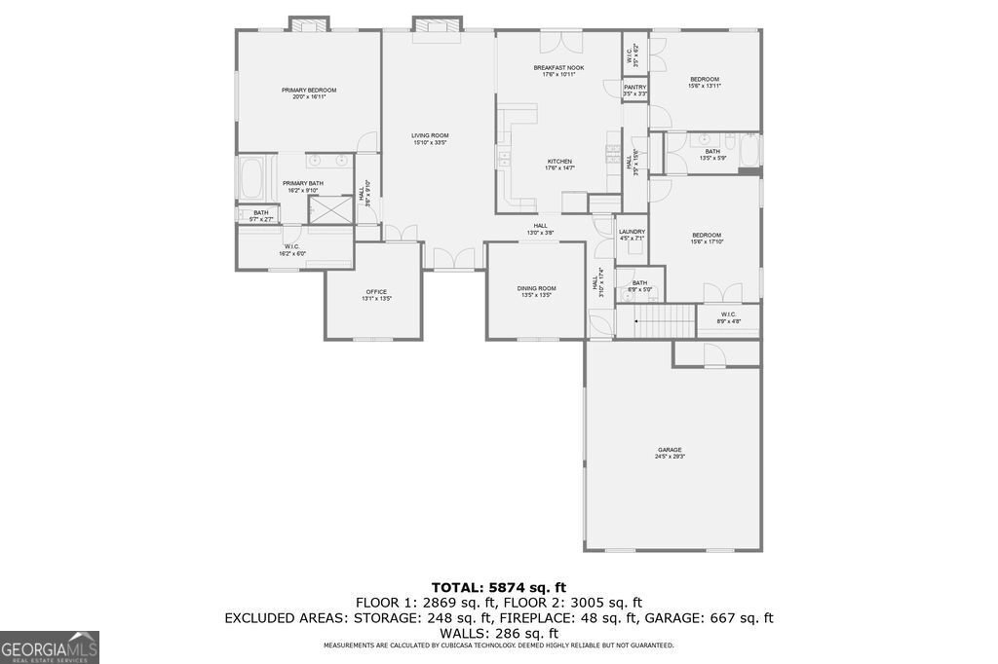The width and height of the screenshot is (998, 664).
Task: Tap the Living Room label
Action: click(x=429, y=139)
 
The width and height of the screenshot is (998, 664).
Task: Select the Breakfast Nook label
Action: click(x=558, y=70)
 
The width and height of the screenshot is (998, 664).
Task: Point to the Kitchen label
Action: click(x=558, y=165)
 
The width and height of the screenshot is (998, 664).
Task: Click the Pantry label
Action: click(x=634, y=91)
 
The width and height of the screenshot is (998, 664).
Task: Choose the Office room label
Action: click(x=376, y=295)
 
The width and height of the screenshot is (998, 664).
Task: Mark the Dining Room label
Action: click(x=536, y=291)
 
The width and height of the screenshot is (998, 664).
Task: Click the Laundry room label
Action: click(x=632, y=235)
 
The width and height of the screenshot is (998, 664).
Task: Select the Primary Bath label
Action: click(x=303, y=186)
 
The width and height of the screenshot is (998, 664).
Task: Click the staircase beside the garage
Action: click(x=656, y=319)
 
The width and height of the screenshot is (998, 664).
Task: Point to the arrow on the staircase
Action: click(x=636, y=319)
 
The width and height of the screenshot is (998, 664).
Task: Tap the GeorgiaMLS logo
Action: click(x=50, y=646)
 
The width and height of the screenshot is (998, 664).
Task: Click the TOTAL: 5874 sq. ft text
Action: click(x=498, y=587)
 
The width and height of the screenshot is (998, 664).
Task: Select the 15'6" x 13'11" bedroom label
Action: click(x=705, y=83)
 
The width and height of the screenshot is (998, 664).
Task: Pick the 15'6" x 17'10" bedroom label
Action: click(x=707, y=238)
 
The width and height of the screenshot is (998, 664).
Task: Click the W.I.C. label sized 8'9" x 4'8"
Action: click(x=729, y=317)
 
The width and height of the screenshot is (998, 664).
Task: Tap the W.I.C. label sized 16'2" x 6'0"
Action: click(x=292, y=250)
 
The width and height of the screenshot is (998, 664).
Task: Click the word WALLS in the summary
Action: click(x=462, y=633)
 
